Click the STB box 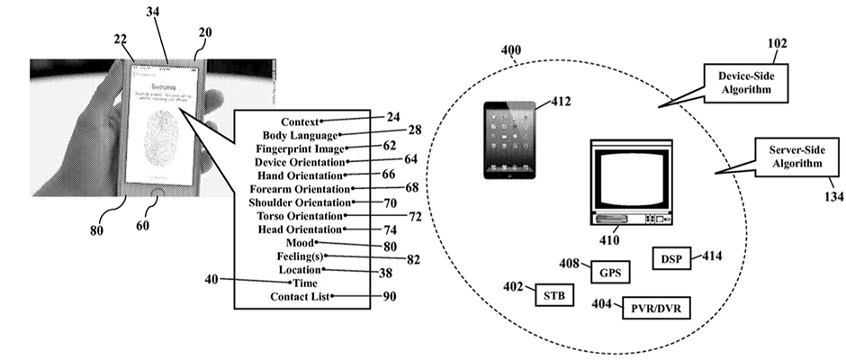pos(554,294)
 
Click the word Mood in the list pos(299,243)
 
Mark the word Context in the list pos(301,121)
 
